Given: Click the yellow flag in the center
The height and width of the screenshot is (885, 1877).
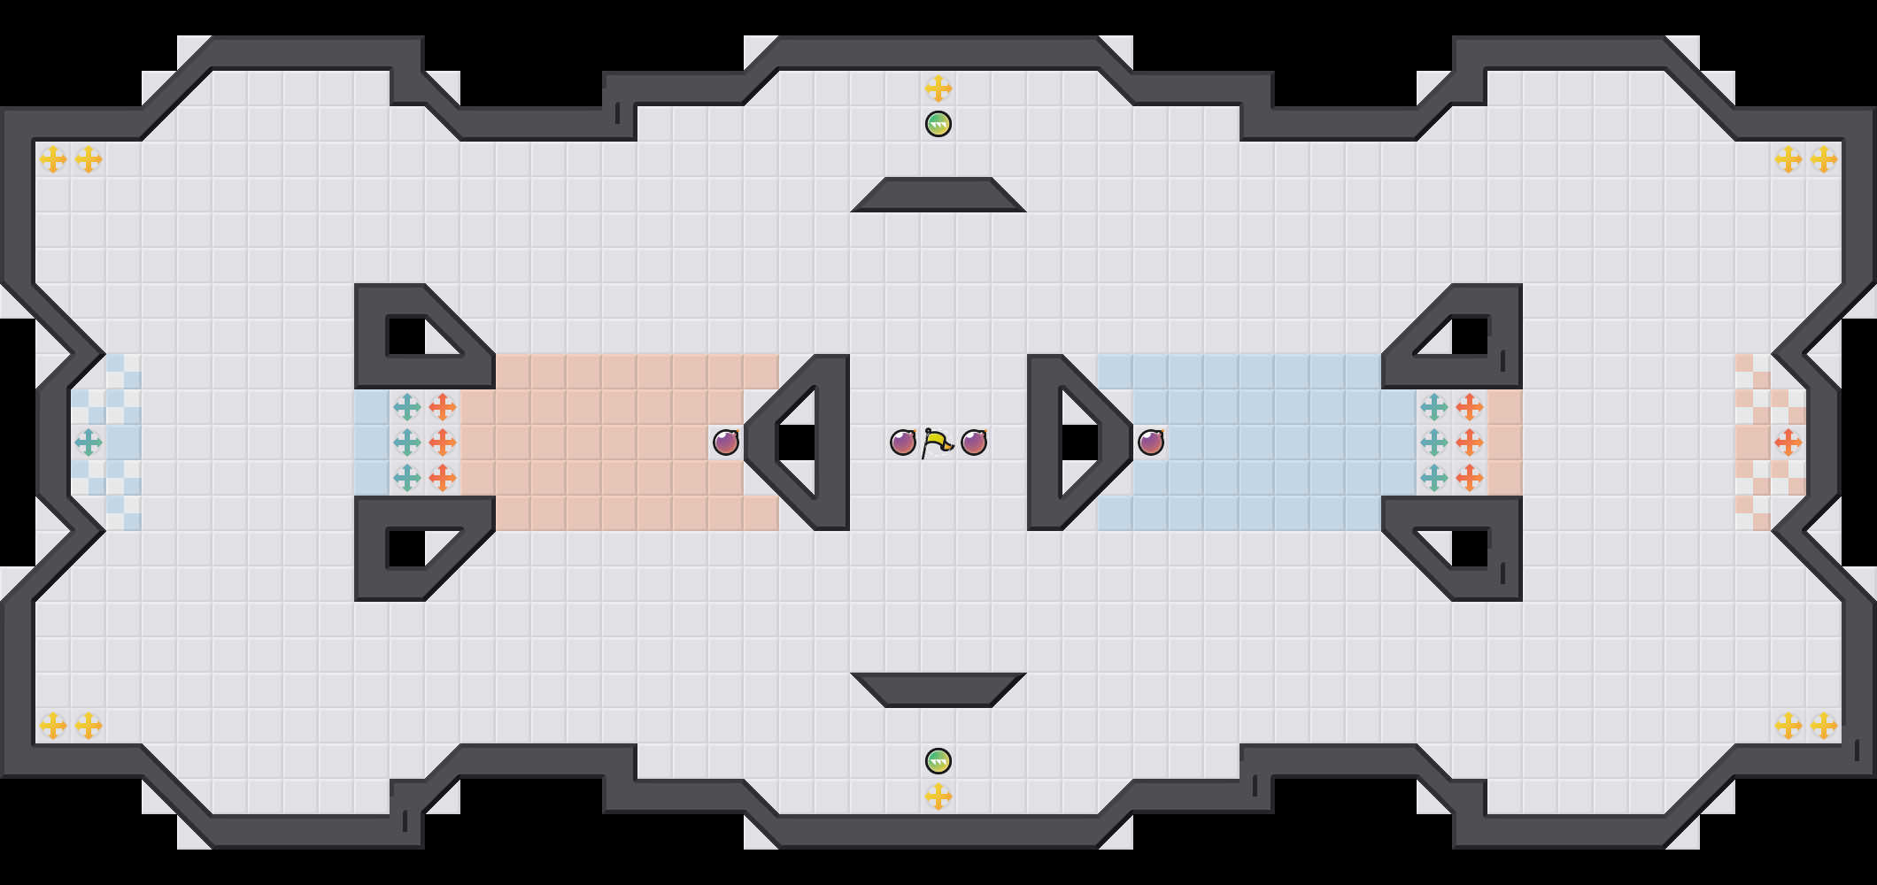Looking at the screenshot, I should [937, 442].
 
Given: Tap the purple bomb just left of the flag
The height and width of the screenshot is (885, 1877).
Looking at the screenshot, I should [902, 442].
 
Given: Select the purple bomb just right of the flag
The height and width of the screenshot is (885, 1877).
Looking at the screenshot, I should [974, 442].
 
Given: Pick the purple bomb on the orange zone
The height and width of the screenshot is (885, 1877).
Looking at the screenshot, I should [726, 442].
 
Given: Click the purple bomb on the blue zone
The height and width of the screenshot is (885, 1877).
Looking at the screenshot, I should [1151, 442].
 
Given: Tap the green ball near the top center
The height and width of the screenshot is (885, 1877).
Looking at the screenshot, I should [938, 124].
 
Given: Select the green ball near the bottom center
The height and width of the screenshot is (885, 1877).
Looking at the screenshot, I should [938, 761].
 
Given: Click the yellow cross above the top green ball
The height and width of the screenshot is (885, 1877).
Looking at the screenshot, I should [938, 88].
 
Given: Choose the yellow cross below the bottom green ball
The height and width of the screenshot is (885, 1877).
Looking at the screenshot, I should [938, 796].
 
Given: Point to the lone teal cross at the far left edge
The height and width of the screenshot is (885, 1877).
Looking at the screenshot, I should [89, 442].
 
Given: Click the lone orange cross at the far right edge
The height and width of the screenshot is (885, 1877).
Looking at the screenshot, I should [1788, 442].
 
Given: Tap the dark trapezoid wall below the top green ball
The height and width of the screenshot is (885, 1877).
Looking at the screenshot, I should [938, 196].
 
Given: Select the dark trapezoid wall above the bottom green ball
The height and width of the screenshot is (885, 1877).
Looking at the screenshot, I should [938, 689].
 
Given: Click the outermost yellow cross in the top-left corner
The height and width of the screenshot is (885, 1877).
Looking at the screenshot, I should [53, 159].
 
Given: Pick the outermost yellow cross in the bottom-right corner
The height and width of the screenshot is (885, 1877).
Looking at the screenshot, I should [1823, 726].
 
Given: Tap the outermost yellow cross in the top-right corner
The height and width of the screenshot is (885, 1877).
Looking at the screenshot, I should [1823, 159].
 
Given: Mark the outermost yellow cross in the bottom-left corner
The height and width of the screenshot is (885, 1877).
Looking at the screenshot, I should [53, 726].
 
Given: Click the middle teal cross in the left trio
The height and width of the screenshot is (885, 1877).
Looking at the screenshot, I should [407, 442].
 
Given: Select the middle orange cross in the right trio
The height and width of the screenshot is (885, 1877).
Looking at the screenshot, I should [1470, 442].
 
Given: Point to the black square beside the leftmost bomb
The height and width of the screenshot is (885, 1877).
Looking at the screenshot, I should [797, 442].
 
